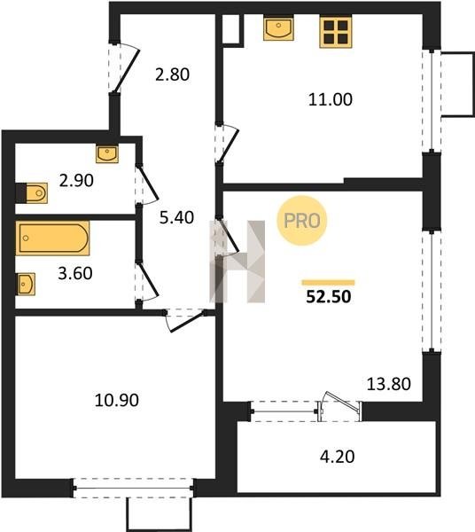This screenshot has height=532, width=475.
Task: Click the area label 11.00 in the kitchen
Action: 331,99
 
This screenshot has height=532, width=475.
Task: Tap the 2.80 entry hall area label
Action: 172,74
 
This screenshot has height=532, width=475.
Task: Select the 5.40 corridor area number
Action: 176,217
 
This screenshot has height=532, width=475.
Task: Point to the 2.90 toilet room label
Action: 76,181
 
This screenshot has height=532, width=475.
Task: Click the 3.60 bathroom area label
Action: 75,273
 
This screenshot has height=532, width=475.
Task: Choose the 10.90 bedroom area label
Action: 117,401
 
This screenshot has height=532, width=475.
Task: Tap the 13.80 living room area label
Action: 389,384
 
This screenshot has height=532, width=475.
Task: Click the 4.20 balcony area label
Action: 338,457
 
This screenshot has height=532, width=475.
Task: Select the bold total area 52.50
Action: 329,296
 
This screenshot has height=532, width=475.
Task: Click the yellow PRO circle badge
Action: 301,221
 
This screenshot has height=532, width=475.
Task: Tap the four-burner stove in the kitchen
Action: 335,32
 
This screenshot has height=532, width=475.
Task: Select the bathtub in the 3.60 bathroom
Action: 52,239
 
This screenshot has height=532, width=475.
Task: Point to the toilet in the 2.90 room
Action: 32,193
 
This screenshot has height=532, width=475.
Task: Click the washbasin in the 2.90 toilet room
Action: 107,154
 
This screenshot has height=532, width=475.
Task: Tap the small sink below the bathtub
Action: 26,284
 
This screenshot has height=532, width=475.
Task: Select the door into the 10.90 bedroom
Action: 185,320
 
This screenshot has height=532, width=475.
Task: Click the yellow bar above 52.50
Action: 328,283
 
